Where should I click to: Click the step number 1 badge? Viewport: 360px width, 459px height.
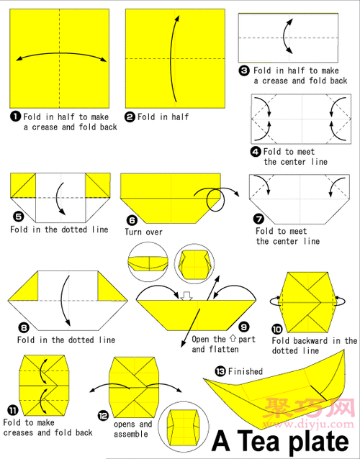[x=16, y=117]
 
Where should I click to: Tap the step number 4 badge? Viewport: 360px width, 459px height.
[x=256, y=152]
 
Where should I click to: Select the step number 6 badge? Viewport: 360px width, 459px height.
[x=132, y=220]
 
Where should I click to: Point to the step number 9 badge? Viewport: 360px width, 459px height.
[x=243, y=327]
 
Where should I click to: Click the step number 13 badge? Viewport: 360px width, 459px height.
[x=220, y=371]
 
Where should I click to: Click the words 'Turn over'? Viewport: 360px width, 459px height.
[x=143, y=232]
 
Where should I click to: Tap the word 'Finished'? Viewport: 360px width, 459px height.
[x=246, y=371]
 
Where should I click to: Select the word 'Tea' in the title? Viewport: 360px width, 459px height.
[x=258, y=442]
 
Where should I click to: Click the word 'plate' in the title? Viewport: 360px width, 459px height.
[x=319, y=442]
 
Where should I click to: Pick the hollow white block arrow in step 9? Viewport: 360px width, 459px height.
[x=186, y=296]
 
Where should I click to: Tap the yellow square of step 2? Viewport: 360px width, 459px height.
[x=175, y=58]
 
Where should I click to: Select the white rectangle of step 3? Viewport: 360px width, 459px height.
[x=288, y=37]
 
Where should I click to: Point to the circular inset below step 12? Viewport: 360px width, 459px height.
[x=184, y=425]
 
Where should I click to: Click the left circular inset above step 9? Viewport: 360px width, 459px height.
[x=148, y=262]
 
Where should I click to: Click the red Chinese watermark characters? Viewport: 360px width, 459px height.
[x=309, y=407]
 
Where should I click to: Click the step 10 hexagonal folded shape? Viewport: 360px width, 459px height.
[x=307, y=302]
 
